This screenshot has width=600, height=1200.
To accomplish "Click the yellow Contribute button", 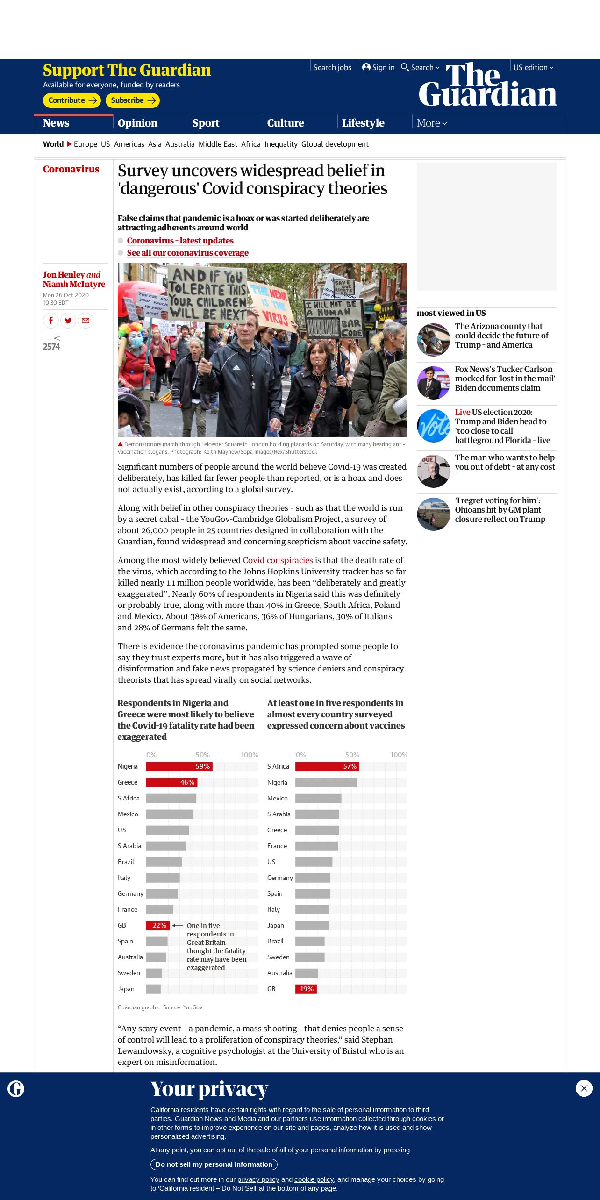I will point(71,100).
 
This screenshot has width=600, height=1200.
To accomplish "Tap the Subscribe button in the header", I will point(133,100).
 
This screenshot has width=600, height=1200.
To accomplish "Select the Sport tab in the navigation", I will point(206,123).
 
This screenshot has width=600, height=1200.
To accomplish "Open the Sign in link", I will point(379,68).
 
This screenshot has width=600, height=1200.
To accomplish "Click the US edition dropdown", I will point(533,68).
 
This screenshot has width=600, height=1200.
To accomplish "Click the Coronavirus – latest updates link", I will point(180,241).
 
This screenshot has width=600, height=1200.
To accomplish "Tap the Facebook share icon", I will point(51,321).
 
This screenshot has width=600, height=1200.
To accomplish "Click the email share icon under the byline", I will point(86,321).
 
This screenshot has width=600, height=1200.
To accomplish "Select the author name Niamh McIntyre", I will point(74,284).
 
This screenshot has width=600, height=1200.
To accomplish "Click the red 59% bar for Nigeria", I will point(179,766).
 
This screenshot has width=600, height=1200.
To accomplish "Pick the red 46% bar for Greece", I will point(171,782).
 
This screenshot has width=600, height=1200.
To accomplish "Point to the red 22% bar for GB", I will point(157,925).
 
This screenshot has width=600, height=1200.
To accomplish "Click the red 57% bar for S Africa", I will point(327,766).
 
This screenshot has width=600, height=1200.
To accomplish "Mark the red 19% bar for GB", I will point(306,989).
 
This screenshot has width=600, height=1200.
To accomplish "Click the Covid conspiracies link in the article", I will point(278,560).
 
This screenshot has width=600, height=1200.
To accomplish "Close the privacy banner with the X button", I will point(584,1088).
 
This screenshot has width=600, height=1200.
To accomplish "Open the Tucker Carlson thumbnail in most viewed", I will point(433,383).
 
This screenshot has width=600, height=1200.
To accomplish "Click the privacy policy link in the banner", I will point(258,1179).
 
